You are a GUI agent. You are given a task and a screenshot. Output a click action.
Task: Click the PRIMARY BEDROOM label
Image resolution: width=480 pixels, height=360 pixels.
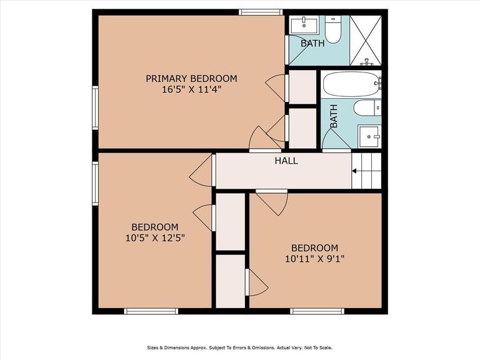(191, 79)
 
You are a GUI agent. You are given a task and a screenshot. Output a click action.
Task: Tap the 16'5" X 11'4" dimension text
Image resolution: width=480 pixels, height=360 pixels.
(191, 90)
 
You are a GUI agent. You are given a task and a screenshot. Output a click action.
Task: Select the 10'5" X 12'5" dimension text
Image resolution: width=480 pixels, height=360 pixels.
(155, 238)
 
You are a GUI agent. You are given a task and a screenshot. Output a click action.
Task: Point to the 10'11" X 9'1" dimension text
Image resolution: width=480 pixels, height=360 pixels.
(315, 259)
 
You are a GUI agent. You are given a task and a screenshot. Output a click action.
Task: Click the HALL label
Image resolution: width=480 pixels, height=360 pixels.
(286, 161)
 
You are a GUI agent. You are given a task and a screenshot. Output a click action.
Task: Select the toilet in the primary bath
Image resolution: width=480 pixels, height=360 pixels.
(333, 30)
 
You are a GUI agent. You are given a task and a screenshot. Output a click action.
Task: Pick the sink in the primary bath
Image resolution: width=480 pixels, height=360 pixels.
(304, 25)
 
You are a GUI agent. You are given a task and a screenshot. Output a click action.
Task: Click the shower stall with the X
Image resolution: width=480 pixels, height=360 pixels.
(366, 41)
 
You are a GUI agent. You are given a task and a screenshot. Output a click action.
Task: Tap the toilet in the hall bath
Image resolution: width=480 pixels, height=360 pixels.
(367, 107)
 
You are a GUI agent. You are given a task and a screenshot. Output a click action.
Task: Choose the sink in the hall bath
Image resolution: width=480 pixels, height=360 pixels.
(369, 136)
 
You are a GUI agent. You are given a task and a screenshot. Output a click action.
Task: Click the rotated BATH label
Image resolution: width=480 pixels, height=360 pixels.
(334, 116)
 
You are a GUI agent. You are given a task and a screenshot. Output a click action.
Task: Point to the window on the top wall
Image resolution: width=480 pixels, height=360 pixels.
(261, 12)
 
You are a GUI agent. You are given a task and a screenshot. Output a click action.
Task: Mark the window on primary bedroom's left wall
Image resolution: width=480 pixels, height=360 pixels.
(96, 107)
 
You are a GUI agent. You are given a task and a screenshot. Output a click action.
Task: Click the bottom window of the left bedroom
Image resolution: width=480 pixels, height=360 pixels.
(151, 311)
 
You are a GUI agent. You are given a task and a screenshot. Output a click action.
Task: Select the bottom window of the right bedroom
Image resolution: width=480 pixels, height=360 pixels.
(317, 311)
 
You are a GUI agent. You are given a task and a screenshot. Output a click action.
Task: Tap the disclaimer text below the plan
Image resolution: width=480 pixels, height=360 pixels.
(240, 347)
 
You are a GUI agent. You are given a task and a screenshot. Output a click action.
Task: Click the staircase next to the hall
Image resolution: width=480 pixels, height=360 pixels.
(366, 171)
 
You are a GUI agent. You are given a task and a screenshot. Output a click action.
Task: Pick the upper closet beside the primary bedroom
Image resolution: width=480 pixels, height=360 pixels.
(302, 87)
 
